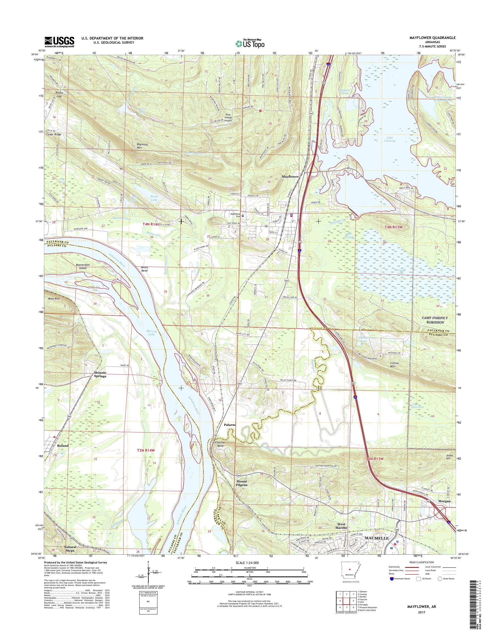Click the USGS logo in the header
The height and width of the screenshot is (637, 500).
click(x=59, y=42)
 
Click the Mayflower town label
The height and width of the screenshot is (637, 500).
click(x=290, y=177)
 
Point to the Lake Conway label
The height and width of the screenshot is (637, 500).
click(x=390, y=139)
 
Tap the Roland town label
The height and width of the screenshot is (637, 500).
click(x=63, y=454)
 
